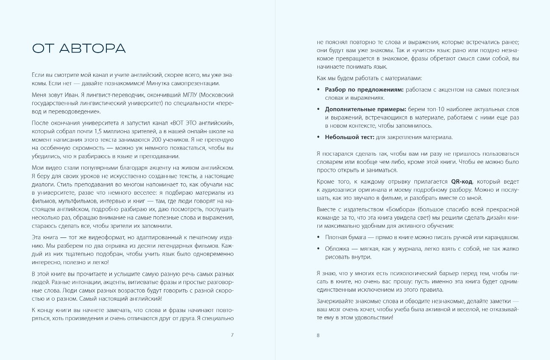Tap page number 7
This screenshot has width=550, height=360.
click(x=232, y=335)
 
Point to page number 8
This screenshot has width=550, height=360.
click(x=318, y=335)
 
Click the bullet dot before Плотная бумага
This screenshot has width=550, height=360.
click(x=319, y=237)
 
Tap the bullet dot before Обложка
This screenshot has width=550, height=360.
click(x=319, y=248)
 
